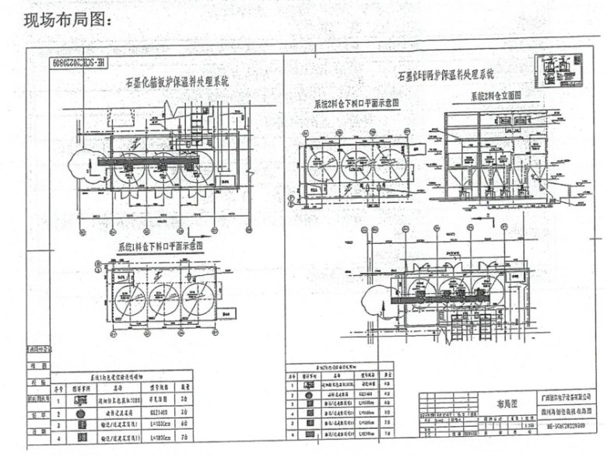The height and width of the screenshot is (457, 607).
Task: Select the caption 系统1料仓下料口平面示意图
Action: pyautogui.click(x=161, y=246)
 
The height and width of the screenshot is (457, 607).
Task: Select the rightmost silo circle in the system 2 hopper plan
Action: pyautogui.click(x=394, y=166)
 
